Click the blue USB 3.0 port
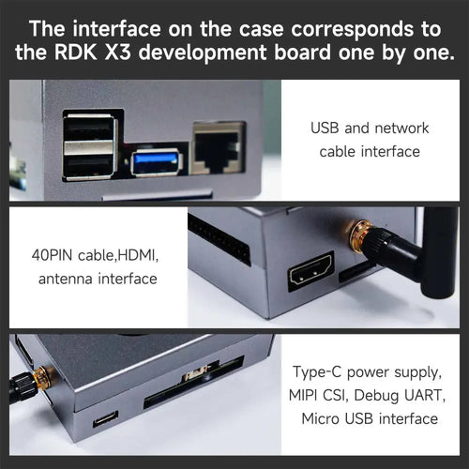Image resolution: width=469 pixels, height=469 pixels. (156, 162)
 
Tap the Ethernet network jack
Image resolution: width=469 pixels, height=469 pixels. (219, 148)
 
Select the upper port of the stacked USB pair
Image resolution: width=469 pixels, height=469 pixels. (90, 128)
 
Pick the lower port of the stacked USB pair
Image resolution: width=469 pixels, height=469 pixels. (90, 161)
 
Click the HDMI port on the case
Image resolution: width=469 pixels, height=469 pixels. (310, 271)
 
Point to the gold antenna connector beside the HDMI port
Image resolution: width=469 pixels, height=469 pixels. (359, 235)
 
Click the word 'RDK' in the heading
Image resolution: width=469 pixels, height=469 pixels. (76, 53)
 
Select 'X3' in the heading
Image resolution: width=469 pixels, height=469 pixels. (117, 53)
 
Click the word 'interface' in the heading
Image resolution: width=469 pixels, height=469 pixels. (117, 29)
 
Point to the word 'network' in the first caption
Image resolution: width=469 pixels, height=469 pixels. (401, 129)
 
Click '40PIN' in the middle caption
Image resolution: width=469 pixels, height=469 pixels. (52, 255)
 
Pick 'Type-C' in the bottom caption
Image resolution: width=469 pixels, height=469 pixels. (317, 372)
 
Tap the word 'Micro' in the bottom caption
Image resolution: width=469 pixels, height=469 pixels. (320, 419)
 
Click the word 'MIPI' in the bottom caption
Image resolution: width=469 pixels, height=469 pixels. (302, 395)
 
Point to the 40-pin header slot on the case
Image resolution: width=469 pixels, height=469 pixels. (219, 240)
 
